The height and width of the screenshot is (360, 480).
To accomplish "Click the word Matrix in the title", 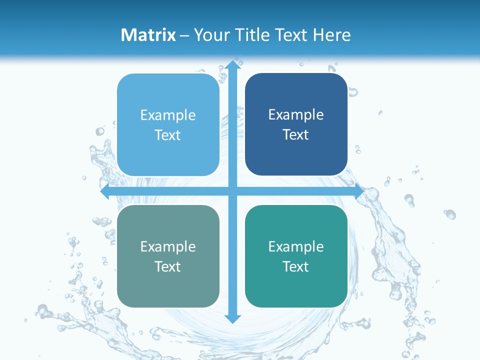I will [x=148, y=35].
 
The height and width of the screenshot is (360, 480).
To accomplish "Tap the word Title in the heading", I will [x=250, y=35].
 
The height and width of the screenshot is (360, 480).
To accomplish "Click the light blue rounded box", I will [x=168, y=125].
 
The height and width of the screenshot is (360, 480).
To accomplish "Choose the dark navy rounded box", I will [x=296, y=124].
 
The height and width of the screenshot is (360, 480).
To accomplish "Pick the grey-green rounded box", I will [x=168, y=256].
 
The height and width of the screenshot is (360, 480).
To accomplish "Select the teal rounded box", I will [x=296, y=256].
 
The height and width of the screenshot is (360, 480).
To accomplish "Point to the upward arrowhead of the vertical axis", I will [x=232, y=64].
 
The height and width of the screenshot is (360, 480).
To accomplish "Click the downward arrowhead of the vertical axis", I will [x=232, y=319].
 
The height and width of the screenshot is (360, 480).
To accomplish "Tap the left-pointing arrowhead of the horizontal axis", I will [x=105, y=192].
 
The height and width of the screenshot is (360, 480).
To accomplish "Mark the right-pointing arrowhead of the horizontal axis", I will [x=359, y=192].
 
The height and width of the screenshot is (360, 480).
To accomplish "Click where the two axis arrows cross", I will [x=232, y=192].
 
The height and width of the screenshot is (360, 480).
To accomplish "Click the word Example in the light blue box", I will [x=168, y=115].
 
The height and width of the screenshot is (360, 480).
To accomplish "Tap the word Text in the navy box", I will [x=296, y=134].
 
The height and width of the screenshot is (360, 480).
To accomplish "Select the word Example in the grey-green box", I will [x=168, y=246].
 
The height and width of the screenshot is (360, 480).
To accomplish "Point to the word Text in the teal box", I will [x=296, y=266].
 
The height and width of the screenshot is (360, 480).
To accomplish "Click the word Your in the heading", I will [x=210, y=35].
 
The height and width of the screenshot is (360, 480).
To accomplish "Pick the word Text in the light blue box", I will [x=168, y=135].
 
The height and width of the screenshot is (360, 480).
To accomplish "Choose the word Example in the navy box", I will [x=296, y=115].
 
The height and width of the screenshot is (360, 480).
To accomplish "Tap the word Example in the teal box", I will [x=296, y=246].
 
